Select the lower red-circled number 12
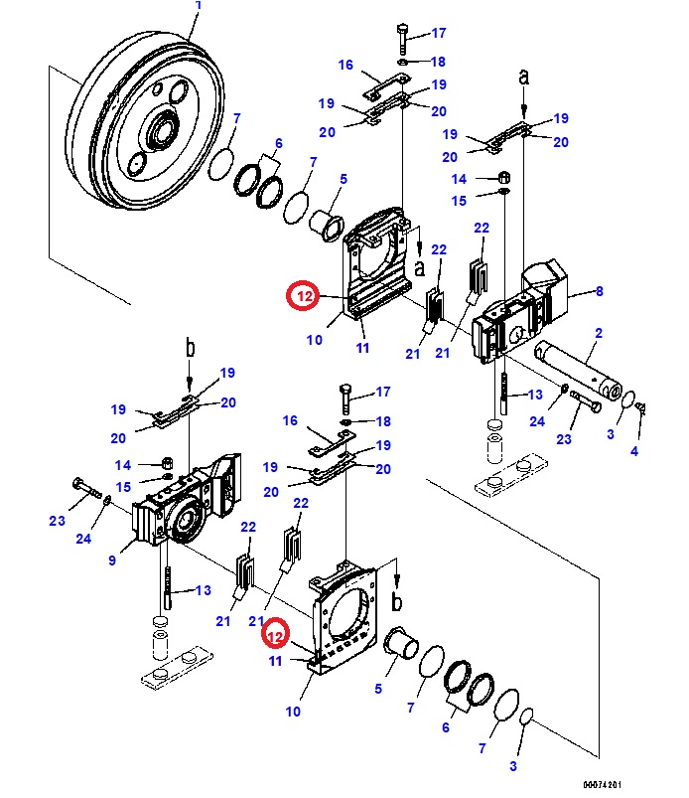[x=278, y=632]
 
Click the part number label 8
[x=599, y=291]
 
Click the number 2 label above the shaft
[x=598, y=334]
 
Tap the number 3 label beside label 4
[x=611, y=434]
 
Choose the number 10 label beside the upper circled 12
[x=314, y=340]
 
